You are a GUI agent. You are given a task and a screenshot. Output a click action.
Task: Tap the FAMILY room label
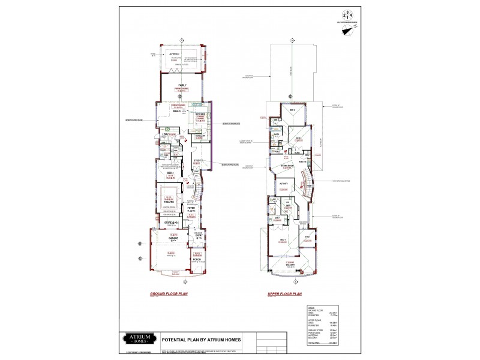182,86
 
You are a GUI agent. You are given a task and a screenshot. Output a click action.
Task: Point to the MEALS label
178,111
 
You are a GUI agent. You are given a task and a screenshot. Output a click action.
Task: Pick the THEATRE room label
169,202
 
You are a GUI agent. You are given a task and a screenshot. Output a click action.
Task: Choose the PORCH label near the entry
197,259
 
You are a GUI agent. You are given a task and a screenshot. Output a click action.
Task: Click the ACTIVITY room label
284,184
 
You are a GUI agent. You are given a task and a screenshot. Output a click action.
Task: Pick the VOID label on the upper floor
307,238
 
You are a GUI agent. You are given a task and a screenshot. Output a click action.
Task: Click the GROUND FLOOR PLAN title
169,295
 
